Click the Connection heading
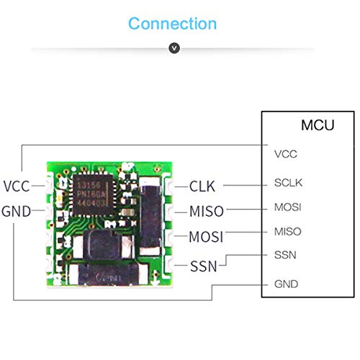pyautogui.click(x=172, y=23)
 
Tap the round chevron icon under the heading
pyautogui.click(x=173, y=48)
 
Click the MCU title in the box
pyautogui.click(x=317, y=125)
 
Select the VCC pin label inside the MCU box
pyautogui.click(x=286, y=153)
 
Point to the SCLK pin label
pyautogui.click(x=288, y=182)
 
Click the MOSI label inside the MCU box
pyautogui.click(x=288, y=207)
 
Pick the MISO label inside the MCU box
pyautogui.click(x=288, y=232)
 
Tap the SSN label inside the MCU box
pyautogui.click(x=286, y=256)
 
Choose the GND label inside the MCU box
pyautogui.click(x=287, y=284)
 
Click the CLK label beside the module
pyautogui.click(x=202, y=186)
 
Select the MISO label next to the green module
pyautogui.click(x=206, y=212)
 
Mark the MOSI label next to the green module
pyautogui.click(x=206, y=237)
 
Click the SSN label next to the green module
pyautogui.click(x=203, y=266)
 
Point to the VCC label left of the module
pyautogui.click(x=16, y=186)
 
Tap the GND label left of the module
pyautogui.click(x=16, y=212)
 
